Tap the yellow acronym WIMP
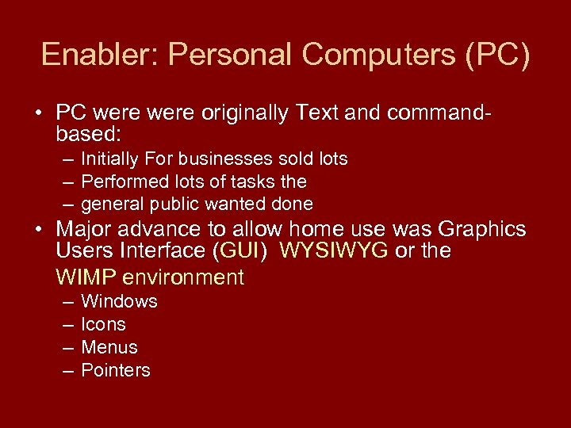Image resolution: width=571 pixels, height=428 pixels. pyautogui.click(x=83, y=277)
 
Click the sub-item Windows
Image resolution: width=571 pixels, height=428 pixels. pyautogui.click(x=119, y=302)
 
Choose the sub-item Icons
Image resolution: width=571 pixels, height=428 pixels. pyautogui.click(x=103, y=325)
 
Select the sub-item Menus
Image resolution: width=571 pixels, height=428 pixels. pyautogui.click(x=109, y=347)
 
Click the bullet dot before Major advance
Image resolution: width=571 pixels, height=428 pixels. pyautogui.click(x=40, y=230)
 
